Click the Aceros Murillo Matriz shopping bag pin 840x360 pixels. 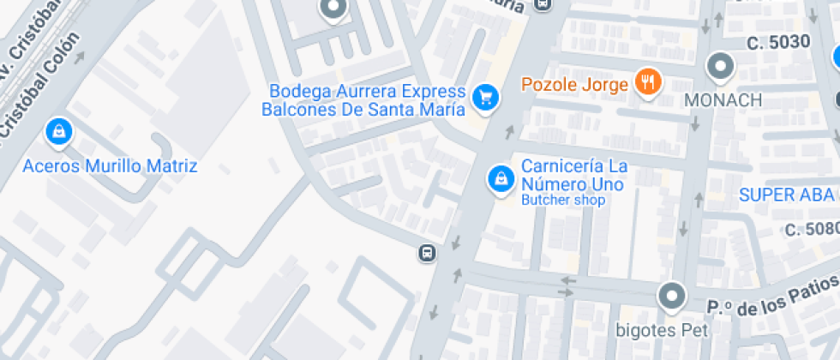58,131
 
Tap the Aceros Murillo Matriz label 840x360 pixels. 111,166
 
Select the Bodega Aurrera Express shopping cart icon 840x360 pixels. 486,99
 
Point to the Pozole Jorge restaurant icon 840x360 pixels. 648,83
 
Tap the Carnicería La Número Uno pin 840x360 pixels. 499,179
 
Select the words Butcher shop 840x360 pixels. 563,201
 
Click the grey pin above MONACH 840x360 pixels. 720,65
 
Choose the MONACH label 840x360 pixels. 723,100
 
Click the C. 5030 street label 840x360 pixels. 777,42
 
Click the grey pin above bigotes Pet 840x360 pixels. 672,297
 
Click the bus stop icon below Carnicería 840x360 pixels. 426,252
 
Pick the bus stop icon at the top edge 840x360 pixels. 542,4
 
